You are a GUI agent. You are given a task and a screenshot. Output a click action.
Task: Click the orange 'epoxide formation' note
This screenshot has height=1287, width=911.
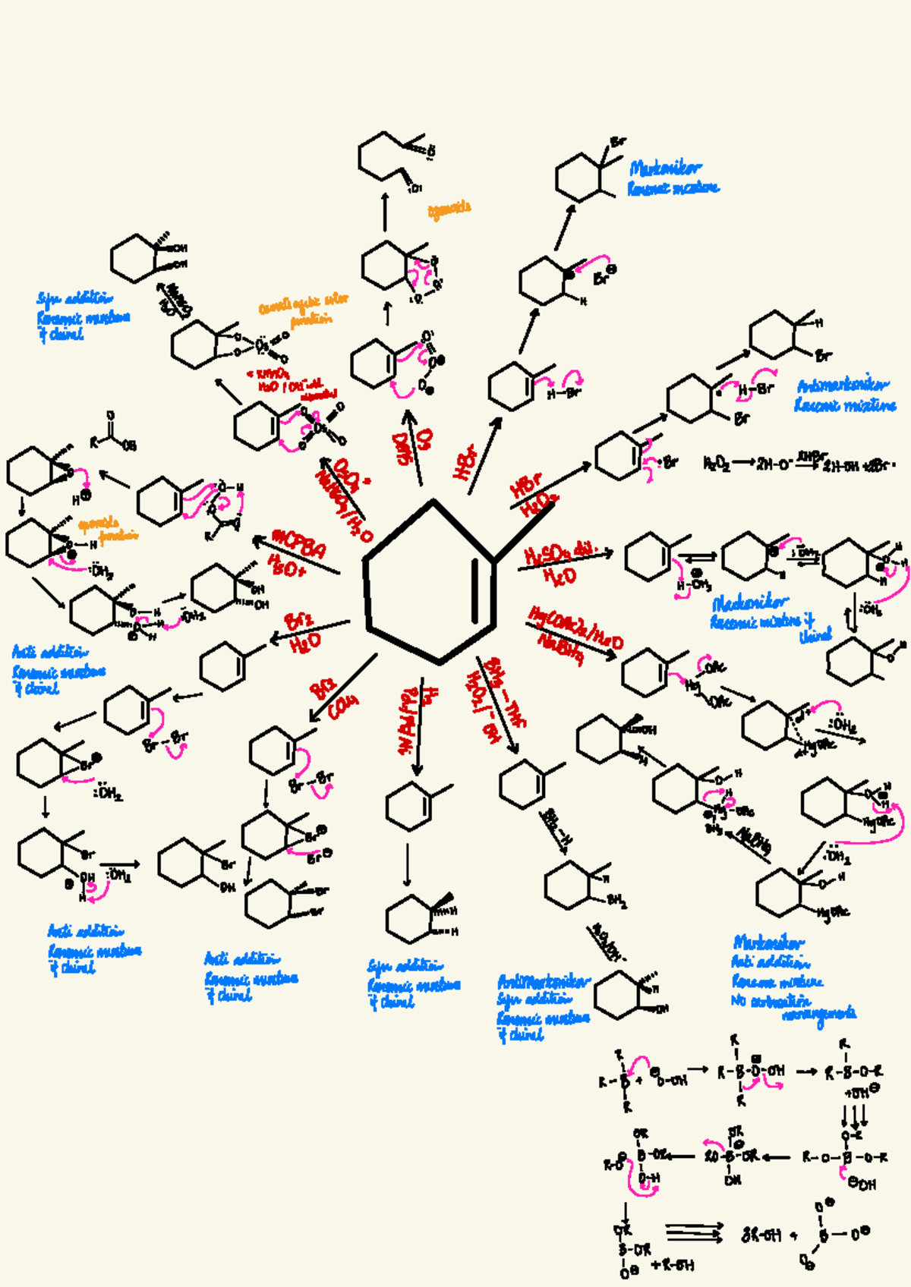tap(108, 529)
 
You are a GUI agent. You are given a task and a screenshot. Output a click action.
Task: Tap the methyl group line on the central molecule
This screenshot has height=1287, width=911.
tap(524, 531)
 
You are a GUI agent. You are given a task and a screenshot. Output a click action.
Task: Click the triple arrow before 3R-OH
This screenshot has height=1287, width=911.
tap(695, 1233)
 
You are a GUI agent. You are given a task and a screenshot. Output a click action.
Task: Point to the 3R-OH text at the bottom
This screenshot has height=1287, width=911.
tap(761, 1235)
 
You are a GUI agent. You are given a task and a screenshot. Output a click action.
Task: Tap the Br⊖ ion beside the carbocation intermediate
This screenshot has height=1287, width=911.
tap(605, 275)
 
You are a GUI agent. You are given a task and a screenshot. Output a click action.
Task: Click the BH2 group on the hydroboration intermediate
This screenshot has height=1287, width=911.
tap(617, 901)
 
